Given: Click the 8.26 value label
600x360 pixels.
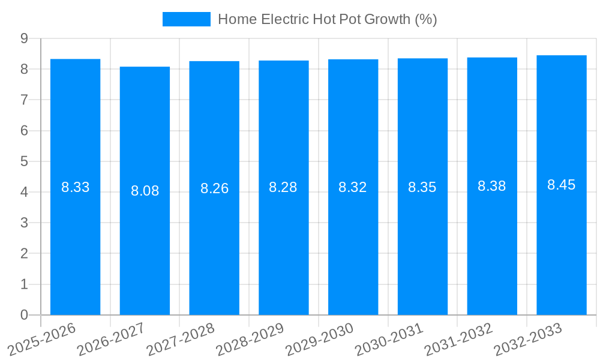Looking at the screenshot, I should tap(214, 188).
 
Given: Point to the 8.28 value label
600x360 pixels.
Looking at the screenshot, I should tap(283, 187).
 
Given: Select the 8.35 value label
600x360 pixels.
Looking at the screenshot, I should tap(422, 187).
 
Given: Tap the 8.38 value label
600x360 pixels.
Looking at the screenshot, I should tap(491, 186).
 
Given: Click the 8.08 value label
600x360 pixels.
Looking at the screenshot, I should tap(145, 191).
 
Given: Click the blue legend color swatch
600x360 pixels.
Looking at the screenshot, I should tap(187, 19).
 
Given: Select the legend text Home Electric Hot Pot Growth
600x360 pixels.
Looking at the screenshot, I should tap(327, 19).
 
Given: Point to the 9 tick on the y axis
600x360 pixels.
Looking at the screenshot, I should tap(24, 38).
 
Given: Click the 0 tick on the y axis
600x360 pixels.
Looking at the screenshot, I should tap(24, 315).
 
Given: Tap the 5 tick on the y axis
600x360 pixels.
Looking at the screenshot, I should tap(24, 161).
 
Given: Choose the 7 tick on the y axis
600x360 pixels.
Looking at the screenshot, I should tap(24, 100).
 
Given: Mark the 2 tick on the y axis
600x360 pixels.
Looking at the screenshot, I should tap(24, 254).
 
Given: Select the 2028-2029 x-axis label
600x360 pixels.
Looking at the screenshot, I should tap(250, 339).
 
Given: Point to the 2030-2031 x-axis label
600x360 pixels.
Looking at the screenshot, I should tap(389, 339).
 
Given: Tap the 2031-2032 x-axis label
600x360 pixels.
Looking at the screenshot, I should tap(458, 339).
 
